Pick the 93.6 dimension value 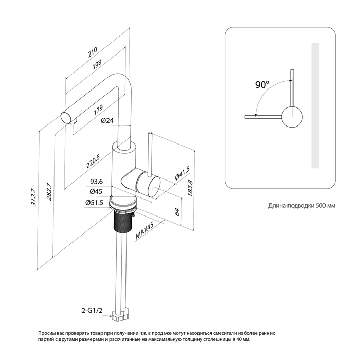point(97,182)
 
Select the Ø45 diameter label point(96,192)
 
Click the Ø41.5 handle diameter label point(183,173)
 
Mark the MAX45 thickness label point(146,229)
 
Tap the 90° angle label point(262,85)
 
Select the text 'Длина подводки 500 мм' point(301,205)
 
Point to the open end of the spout point(67,116)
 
